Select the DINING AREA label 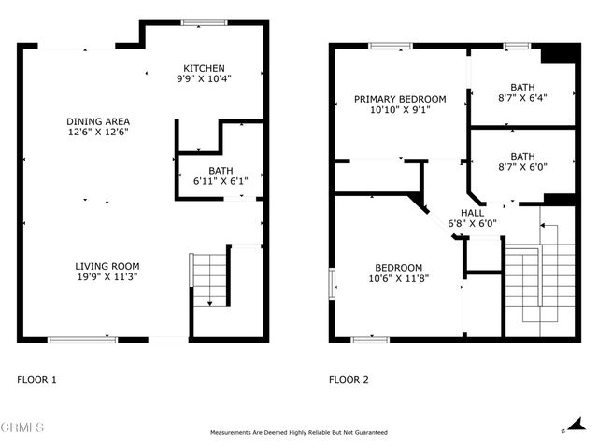coord(97,121)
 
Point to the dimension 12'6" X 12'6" coord(97,133)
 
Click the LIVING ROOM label coord(107,266)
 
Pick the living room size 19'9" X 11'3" coord(107,277)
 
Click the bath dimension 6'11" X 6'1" coord(221,181)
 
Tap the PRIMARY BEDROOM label coord(399,99)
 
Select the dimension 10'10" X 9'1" coord(399,110)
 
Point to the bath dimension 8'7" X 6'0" coord(522,168)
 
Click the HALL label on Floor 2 coord(472,212)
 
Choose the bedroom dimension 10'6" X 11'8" coord(398,278)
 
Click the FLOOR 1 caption coord(37,380)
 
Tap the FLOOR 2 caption coord(349,380)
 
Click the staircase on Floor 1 coord(210,278)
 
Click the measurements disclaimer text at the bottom coord(299,433)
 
